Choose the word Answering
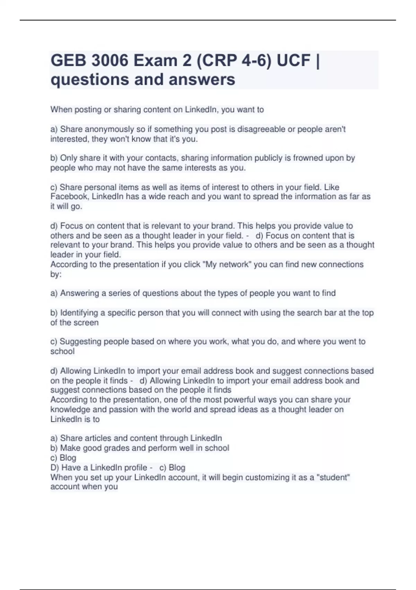80,293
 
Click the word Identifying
79,313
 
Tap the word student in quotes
332,478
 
